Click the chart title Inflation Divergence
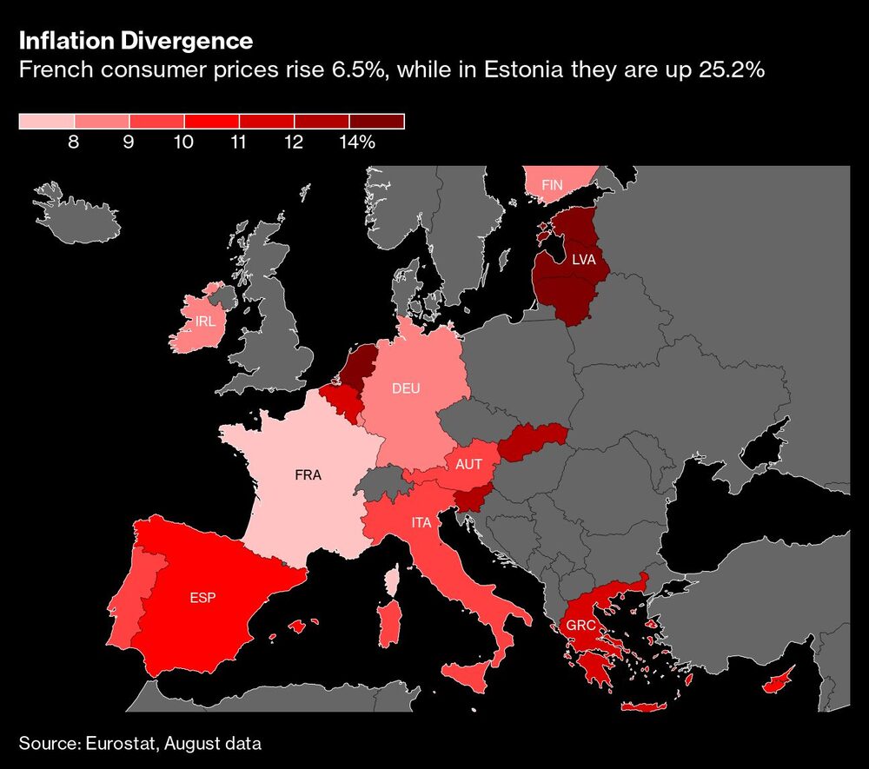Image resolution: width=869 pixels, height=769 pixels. coord(136,41)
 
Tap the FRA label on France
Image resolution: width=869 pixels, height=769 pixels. coord(308,475)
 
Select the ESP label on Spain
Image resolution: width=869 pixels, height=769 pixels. coord(202,598)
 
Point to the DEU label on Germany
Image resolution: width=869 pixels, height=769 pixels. coord(406,388)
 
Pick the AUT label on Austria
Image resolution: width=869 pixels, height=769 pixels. coord(468,465)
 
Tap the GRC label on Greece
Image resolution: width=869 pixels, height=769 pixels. coord(580,626)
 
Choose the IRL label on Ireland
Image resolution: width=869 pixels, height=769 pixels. coord(206,321)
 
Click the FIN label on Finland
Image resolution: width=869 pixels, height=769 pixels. coord(553,185)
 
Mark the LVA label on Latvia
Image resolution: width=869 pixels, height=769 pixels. coord(583,259)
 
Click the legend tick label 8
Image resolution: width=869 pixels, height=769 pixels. coord(74,143)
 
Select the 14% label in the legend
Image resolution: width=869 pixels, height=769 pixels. coord(357,143)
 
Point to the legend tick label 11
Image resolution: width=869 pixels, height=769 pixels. coord(238,143)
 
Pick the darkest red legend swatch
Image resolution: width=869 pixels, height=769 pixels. coord(377,122)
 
